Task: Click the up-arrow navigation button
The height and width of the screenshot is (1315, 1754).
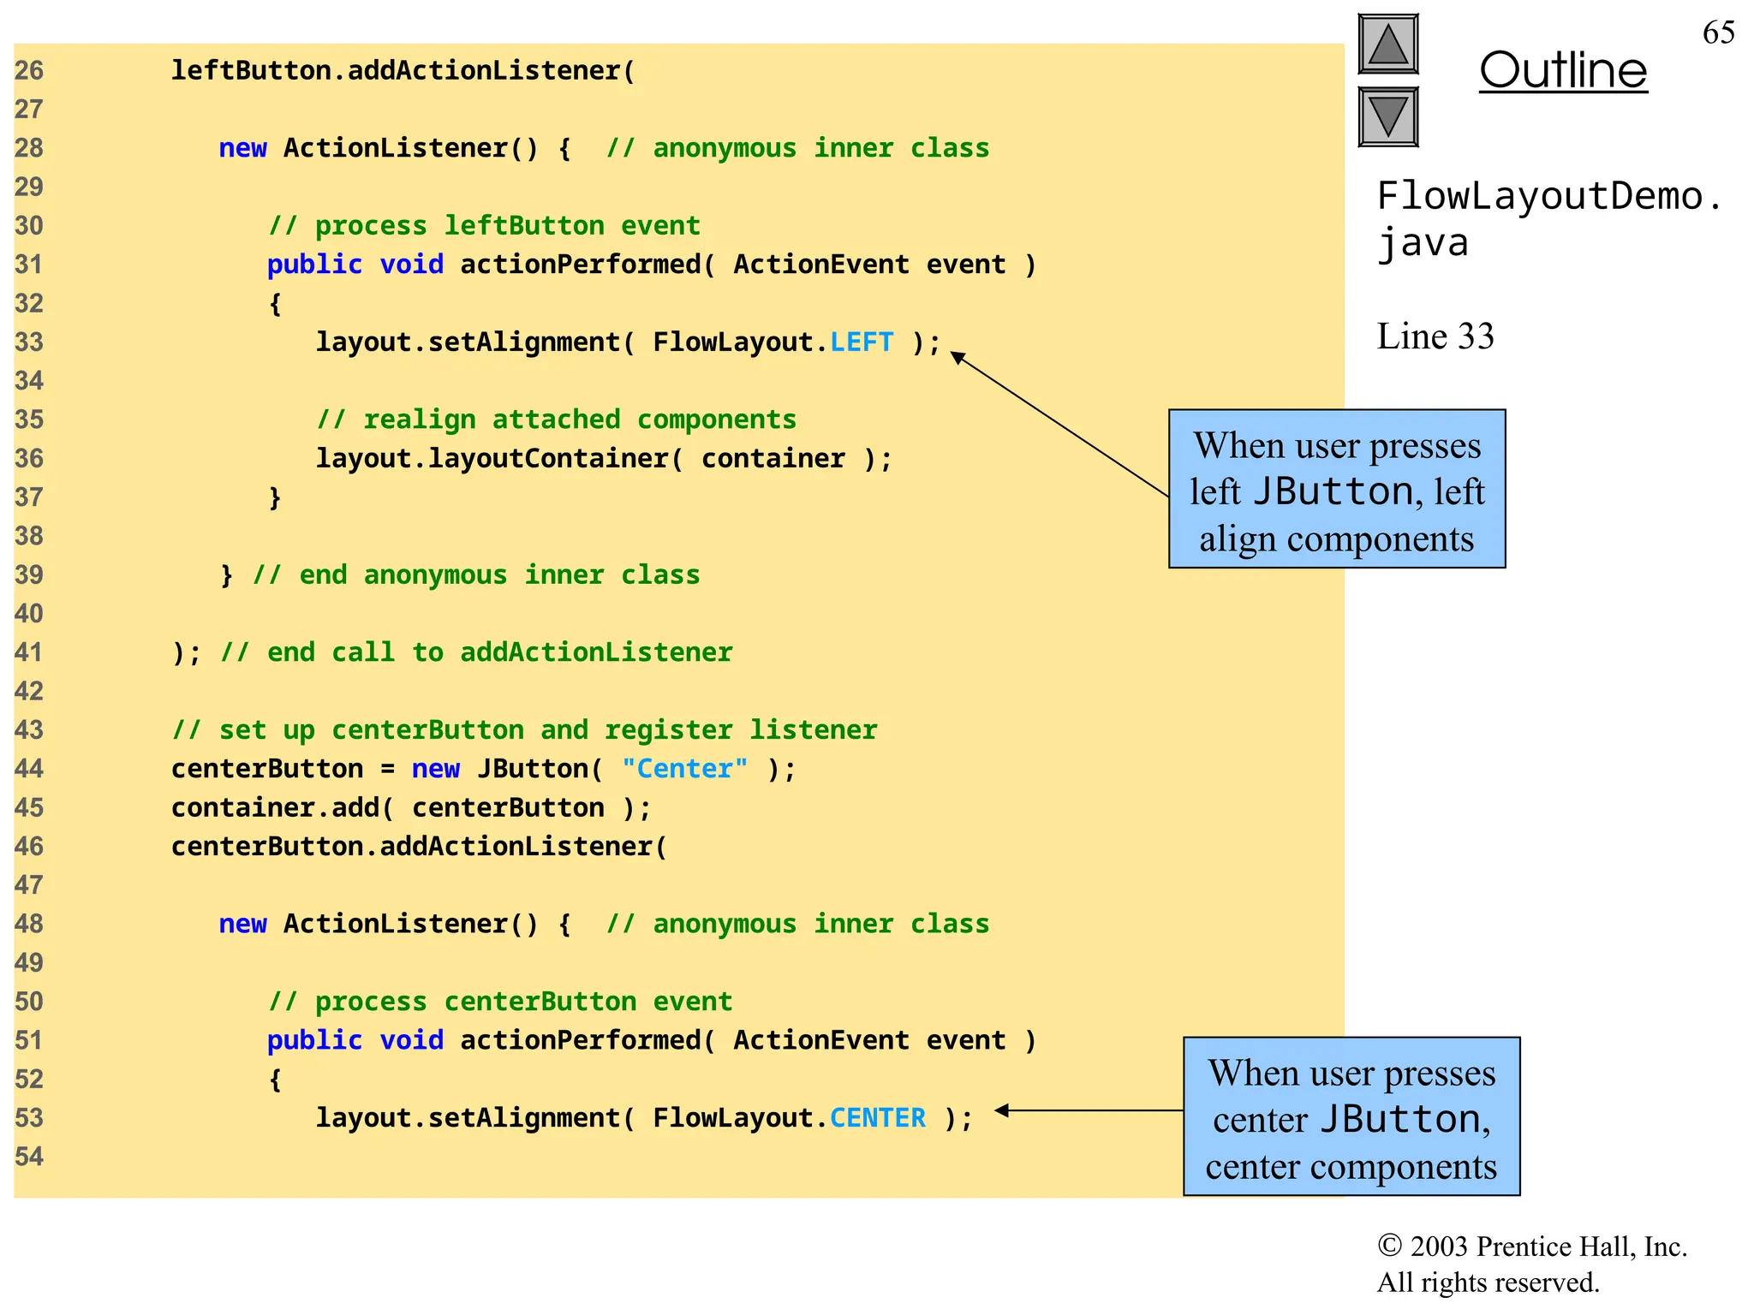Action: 1388,45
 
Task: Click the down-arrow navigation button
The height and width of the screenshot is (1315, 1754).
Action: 1388,116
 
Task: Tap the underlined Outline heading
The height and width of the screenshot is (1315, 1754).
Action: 1563,70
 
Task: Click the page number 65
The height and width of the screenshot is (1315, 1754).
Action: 1718,33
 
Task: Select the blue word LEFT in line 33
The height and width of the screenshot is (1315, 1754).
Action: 862,342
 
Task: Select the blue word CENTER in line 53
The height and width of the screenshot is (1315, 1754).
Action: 878,1118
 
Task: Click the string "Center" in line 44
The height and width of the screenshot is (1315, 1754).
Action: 684,769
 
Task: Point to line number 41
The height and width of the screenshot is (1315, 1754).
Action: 28,652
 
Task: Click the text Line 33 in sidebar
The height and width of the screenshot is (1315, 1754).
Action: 1435,336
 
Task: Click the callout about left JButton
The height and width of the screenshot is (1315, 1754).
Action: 1337,489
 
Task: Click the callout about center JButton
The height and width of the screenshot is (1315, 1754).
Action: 1351,1117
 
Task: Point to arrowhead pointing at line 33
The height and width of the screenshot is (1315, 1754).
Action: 958,357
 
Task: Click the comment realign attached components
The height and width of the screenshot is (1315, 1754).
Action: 557,419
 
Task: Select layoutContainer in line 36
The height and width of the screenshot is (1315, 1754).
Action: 548,459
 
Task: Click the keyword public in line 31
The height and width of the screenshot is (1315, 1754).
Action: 314,265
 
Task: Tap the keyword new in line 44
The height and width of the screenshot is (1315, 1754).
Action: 435,769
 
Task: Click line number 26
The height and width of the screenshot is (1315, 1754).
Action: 28,70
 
